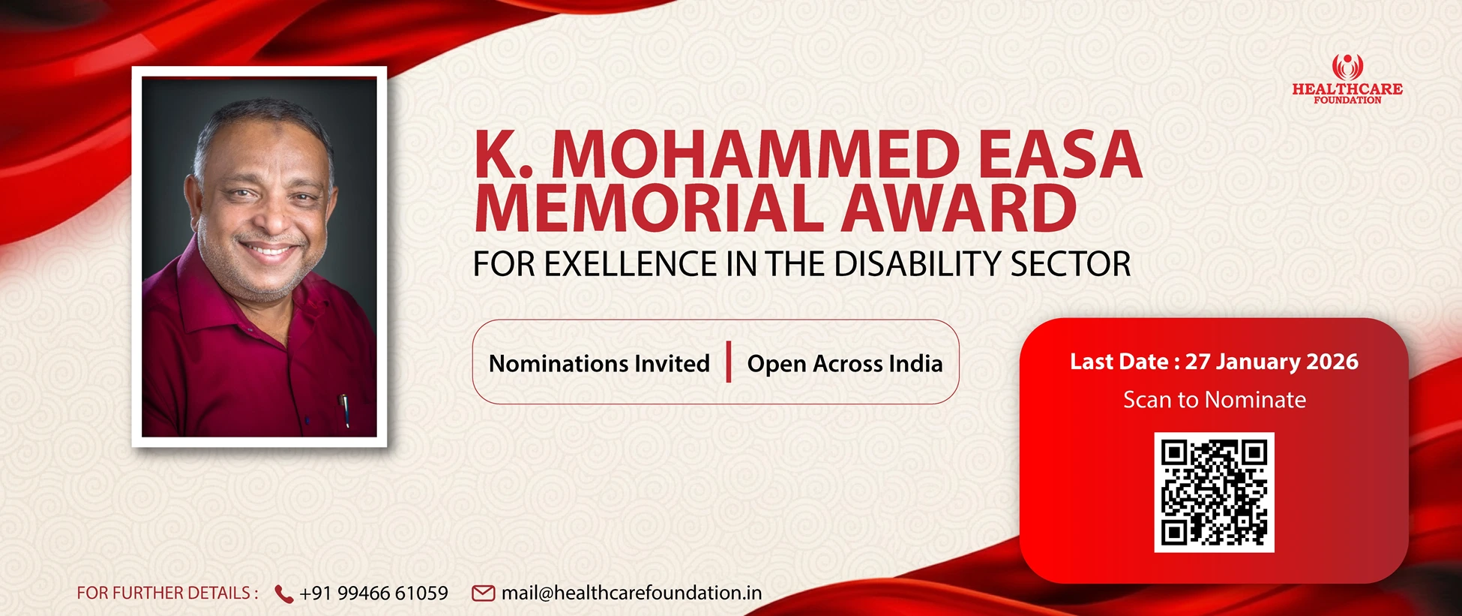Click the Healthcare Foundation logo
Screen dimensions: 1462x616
(1347, 79)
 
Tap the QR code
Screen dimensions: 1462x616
(1214, 492)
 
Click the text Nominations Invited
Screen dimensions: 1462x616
(599, 364)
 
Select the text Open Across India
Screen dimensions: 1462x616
(845, 364)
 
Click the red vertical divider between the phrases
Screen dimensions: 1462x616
(729, 362)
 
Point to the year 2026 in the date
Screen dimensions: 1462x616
(1332, 362)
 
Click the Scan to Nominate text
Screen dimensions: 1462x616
(1215, 400)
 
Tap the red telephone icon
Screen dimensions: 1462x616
(284, 594)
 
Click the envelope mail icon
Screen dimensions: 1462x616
(483, 593)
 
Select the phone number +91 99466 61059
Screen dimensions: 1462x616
(373, 593)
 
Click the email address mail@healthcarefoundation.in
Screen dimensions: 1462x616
(631, 593)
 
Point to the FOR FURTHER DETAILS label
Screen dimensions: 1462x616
(167, 593)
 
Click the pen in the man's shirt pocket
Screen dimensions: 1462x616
(345, 410)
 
